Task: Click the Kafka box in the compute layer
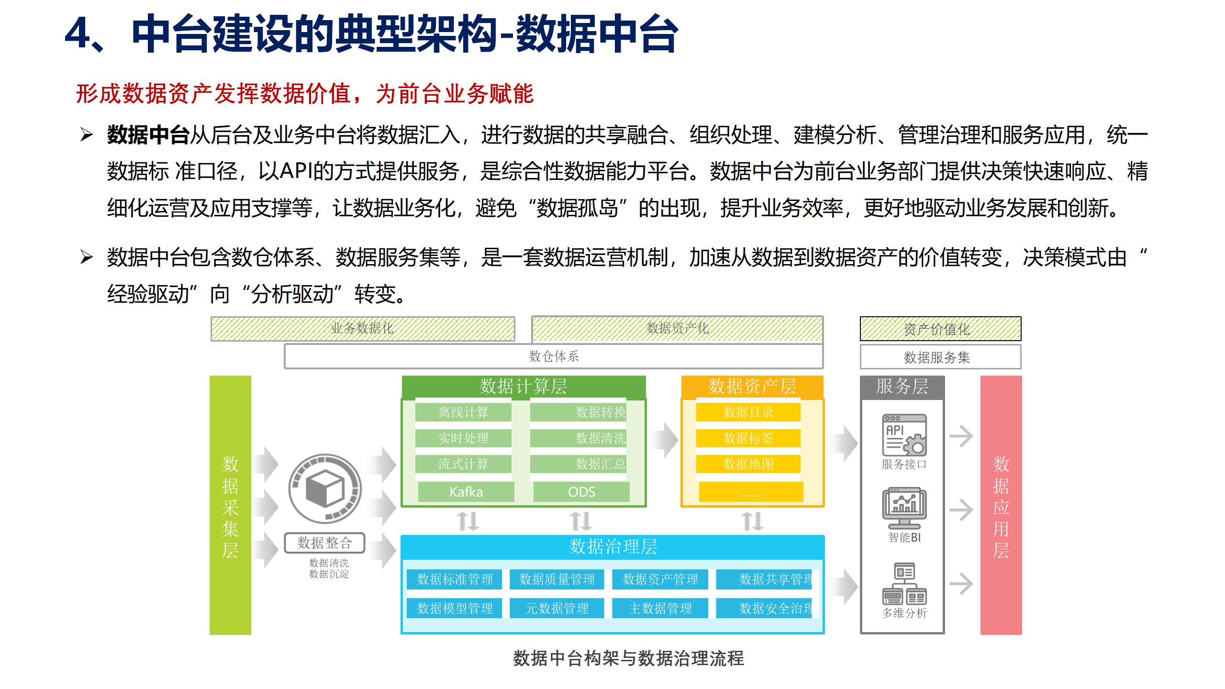466,492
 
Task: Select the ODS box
581,492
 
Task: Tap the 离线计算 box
463,412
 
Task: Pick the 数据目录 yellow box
748,412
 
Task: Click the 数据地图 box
748,464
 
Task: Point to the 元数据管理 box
557,608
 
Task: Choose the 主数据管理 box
660,608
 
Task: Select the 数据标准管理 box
455,579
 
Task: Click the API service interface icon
904,435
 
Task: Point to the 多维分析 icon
904,584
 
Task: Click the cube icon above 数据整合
325,489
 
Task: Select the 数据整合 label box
324,543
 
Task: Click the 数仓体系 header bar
554,356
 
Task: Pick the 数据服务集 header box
940,357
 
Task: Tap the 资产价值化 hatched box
940,329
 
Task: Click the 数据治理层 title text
613,547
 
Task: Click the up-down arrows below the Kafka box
468,521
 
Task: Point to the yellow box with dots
751,492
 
